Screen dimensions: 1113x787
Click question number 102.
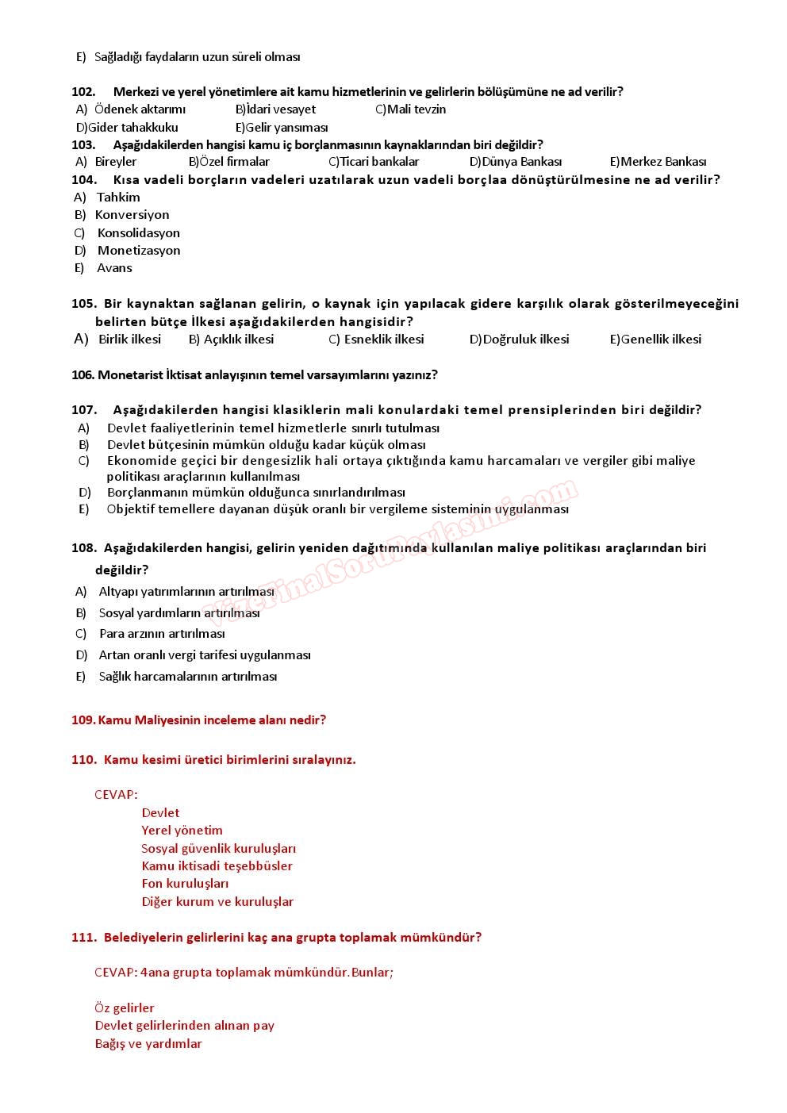pyautogui.click(x=83, y=92)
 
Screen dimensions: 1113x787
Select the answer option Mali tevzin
pyautogui.click(x=416, y=109)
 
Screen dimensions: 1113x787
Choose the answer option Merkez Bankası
pyautogui.click(x=663, y=162)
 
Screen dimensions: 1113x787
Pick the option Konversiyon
pyautogui.click(x=132, y=215)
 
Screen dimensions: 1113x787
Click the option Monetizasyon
pyautogui.click(x=139, y=251)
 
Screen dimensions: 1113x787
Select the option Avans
pyautogui.click(x=114, y=268)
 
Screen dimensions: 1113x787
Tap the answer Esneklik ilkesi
pyautogui.click(x=384, y=340)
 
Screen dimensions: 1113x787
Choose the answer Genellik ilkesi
pyautogui.click(x=661, y=340)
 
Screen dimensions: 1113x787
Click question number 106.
pyautogui.click(x=83, y=375)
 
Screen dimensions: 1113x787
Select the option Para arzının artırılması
pyautogui.click(x=162, y=634)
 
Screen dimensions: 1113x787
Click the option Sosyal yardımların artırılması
pyautogui.click(x=179, y=613)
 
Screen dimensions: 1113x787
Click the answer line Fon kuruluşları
pyautogui.click(x=185, y=884)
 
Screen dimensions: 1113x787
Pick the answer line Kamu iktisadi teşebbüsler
pyautogui.click(x=217, y=866)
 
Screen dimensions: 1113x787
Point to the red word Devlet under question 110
pyautogui.click(x=160, y=813)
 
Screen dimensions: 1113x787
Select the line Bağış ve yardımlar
pyautogui.click(x=148, y=1044)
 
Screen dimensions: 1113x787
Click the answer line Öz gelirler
pyautogui.click(x=125, y=1008)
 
